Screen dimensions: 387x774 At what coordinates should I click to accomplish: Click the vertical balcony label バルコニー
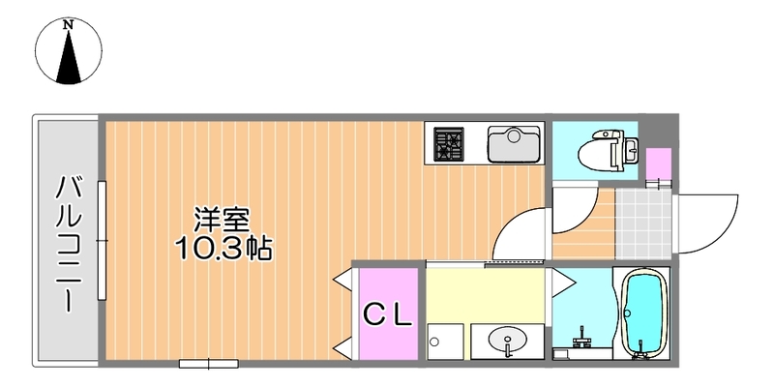click(x=69, y=242)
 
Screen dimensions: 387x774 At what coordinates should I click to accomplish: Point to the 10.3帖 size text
click(x=223, y=249)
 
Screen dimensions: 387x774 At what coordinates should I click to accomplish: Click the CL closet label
click(x=388, y=313)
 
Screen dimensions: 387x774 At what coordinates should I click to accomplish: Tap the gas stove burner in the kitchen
click(x=448, y=144)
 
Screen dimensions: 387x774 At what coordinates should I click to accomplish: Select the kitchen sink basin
click(x=512, y=145)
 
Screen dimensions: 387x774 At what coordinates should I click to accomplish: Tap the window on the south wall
click(x=208, y=364)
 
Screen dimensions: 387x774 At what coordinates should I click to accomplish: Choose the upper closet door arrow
click(x=342, y=280)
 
